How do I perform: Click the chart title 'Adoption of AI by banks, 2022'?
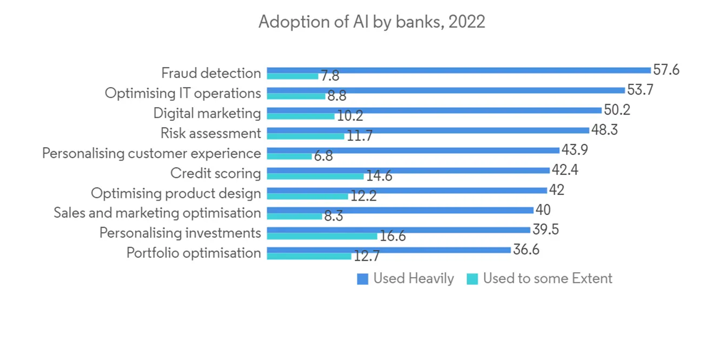371,22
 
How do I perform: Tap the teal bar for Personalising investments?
321,236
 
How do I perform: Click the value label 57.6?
666,70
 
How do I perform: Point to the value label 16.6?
393,236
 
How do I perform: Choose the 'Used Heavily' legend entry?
406,279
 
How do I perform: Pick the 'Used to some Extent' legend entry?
540,279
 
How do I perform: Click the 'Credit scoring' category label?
216,173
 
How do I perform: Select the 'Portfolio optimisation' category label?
193,253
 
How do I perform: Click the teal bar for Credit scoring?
315,176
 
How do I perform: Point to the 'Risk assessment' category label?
211,133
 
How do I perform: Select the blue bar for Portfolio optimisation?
388,250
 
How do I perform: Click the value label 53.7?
640,90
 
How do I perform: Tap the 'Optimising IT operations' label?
183,93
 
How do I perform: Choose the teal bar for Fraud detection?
293,76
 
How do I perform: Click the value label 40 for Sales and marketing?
543,209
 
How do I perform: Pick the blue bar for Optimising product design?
406,190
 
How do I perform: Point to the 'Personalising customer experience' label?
151,153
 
